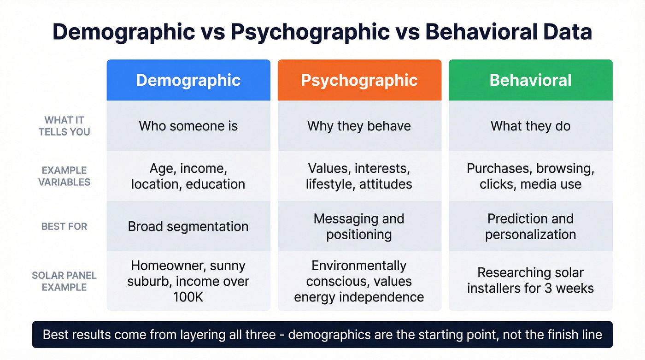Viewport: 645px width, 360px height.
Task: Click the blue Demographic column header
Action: tap(188, 80)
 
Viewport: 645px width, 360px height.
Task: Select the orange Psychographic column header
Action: tap(359, 80)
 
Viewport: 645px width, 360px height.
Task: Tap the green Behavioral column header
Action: tap(530, 80)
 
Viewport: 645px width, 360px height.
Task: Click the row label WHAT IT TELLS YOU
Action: tap(64, 126)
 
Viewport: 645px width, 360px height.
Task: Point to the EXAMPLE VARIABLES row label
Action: tap(64, 176)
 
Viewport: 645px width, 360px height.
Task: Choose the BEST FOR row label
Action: tap(64, 226)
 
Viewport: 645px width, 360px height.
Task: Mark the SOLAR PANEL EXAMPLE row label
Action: tap(64, 281)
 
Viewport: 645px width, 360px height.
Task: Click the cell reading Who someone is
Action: tap(188, 126)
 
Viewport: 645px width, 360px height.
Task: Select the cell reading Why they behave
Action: tap(359, 126)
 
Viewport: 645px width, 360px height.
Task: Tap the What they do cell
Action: tap(530, 126)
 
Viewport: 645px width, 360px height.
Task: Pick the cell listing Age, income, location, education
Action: tap(188, 176)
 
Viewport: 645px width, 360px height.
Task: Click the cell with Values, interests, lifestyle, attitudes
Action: tap(359, 176)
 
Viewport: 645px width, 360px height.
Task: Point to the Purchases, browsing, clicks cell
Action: tap(530, 176)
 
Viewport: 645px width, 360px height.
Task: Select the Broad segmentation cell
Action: tap(188, 226)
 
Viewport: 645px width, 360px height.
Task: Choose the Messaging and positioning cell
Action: tap(359, 226)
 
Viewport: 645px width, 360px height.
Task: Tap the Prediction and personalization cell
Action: tap(530, 226)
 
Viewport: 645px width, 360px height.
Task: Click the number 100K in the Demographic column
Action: tap(188, 297)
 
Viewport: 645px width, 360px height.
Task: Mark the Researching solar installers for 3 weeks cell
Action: tap(530, 281)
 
